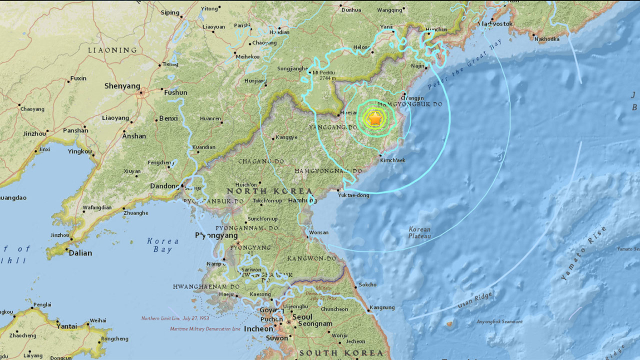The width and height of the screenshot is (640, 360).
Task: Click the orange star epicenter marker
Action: click(375, 118)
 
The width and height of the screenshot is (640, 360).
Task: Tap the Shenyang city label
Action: click(122, 86)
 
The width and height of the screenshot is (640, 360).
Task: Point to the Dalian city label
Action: click(80, 253)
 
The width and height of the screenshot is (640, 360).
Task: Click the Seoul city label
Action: click(302, 317)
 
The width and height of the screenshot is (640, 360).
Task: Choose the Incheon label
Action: click(258, 329)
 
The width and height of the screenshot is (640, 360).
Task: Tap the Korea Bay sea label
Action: click(163, 245)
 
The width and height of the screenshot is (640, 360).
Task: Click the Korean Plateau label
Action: click(420, 232)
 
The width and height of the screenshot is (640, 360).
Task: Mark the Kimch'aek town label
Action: click(392, 160)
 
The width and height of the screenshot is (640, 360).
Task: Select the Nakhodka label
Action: click(547, 39)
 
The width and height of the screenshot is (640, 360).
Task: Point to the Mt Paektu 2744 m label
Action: click(324, 75)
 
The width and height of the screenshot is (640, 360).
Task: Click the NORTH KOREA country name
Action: click(269, 191)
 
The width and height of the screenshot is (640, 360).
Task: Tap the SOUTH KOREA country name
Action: click(341, 353)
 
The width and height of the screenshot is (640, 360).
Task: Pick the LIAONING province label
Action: click(112, 50)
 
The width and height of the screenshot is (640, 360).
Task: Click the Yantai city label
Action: click(67, 326)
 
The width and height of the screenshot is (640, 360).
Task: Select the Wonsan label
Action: click(318, 232)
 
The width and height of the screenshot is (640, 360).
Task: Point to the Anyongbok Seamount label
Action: click(500, 322)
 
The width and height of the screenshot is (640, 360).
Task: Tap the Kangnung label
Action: click(382, 307)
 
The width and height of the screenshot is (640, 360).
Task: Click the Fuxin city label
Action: click(78, 78)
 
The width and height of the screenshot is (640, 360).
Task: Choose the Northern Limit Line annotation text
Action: click(175, 318)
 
